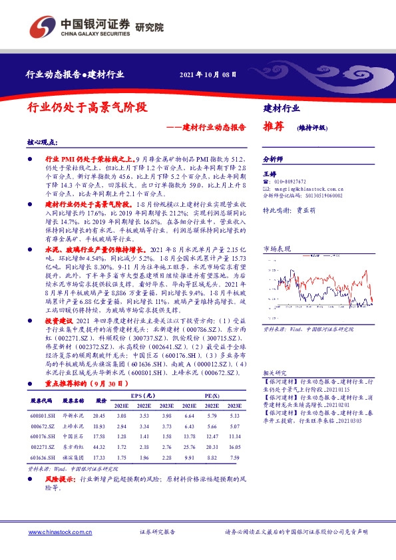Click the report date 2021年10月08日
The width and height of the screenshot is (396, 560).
[208, 74]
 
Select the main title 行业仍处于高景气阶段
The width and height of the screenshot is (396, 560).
[87, 106]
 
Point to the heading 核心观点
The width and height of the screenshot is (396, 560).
[41, 142]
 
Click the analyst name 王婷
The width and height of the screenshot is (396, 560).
[270, 174]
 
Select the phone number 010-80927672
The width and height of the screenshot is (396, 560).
[290, 182]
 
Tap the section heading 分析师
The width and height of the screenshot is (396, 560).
[273, 160]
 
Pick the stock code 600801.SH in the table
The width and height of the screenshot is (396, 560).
[43, 414]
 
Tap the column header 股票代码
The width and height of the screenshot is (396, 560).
[43, 401]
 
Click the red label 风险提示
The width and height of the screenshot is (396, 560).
[61, 478]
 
